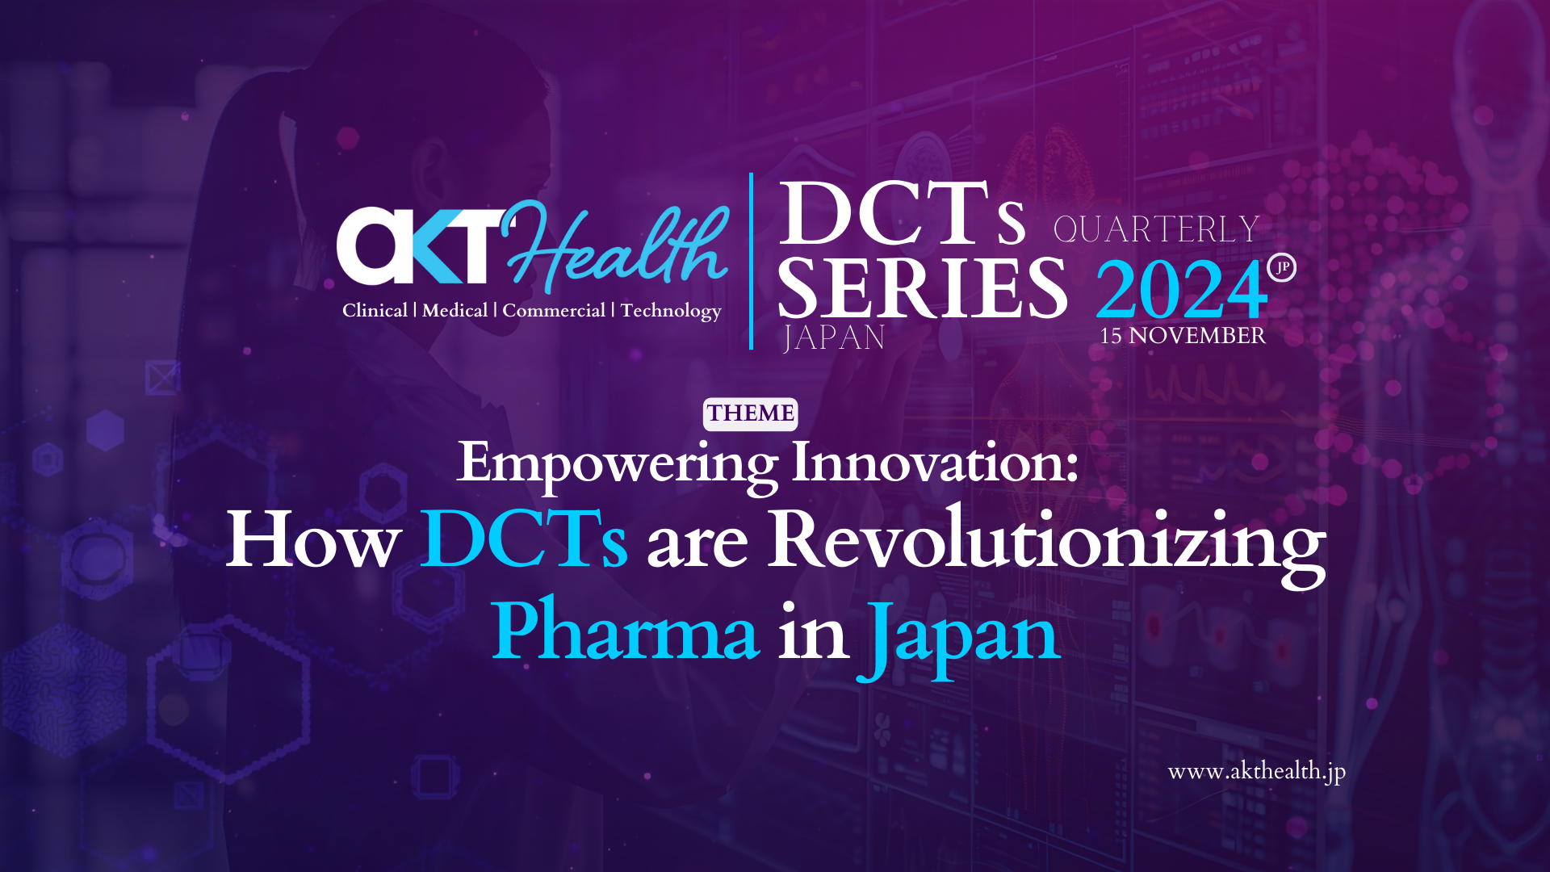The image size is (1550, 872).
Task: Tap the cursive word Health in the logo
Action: click(615, 246)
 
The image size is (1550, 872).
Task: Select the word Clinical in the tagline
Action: click(375, 311)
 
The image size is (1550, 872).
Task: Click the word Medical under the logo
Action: click(455, 311)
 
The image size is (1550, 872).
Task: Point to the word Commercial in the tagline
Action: click(554, 311)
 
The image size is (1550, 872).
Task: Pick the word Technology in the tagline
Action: click(671, 312)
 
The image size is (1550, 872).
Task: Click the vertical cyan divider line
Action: click(752, 261)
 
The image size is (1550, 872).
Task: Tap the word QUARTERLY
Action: click(1156, 229)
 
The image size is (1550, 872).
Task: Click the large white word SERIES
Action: click(923, 288)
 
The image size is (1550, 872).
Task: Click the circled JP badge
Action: click(1282, 267)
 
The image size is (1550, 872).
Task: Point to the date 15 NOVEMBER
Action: click(1183, 336)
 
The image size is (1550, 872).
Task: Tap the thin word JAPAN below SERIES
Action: click(834, 337)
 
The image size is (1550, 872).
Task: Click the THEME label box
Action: click(751, 414)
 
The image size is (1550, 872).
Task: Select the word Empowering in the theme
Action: click(618, 464)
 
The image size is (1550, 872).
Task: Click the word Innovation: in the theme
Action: click(935, 463)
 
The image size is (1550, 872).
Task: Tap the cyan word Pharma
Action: click(626, 631)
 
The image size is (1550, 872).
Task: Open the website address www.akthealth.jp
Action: click(1257, 773)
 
